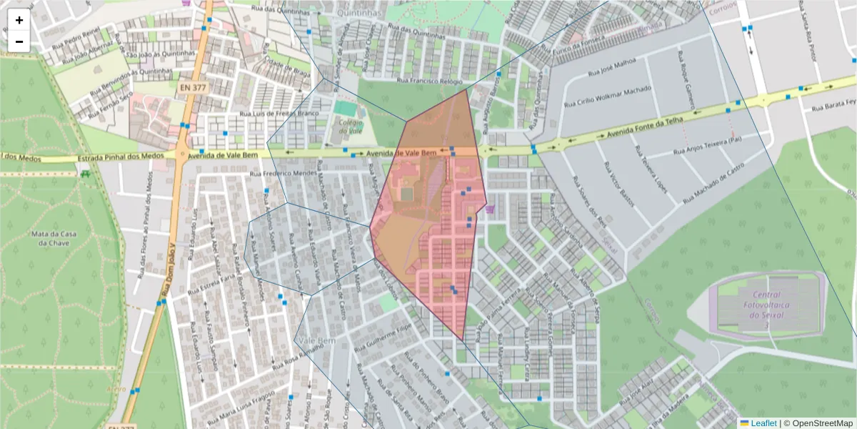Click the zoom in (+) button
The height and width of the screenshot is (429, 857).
19,20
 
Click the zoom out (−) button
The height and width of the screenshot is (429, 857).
19,41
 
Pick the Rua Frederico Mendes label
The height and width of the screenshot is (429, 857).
284,173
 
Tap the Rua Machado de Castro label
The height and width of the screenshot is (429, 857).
715,183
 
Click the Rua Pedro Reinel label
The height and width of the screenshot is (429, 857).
78,38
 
